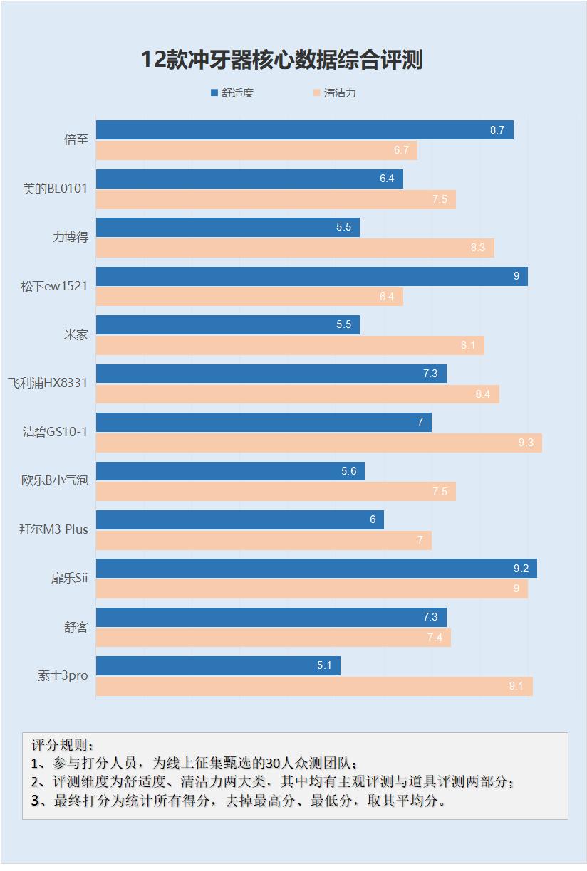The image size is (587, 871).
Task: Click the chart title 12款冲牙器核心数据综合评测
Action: pyautogui.click(x=282, y=60)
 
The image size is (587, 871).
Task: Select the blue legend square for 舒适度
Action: pyautogui.click(x=214, y=93)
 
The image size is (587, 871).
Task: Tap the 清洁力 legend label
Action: pyautogui.click(x=340, y=93)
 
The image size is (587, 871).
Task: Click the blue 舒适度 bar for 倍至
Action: pyautogui.click(x=304, y=130)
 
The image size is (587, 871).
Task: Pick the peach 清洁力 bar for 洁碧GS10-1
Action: pyautogui.click(x=318, y=443)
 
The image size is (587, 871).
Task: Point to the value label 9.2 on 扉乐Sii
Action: pyautogui.click(x=521, y=569)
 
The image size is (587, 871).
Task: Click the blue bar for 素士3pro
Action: pyautogui.click(x=218, y=666)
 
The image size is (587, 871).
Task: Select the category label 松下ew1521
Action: pyautogui.click(x=54, y=286)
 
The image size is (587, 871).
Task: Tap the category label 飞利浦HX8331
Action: pyautogui.click(x=48, y=384)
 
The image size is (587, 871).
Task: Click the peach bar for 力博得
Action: pyautogui.click(x=295, y=248)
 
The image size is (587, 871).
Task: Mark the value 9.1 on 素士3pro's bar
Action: pyautogui.click(x=516, y=686)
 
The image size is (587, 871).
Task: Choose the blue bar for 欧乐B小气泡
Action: pyautogui.click(x=230, y=471)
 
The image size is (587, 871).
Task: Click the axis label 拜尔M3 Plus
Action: pyautogui.click(x=53, y=529)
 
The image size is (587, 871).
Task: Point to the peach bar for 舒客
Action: pyautogui.click(x=273, y=638)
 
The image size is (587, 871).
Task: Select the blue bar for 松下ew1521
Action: pyautogui.click(x=311, y=276)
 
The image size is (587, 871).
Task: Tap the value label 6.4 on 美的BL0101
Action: pyautogui.click(x=387, y=179)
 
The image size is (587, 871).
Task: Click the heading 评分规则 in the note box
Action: pyautogui.click(x=63, y=746)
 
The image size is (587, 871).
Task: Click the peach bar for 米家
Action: pyautogui.click(x=290, y=345)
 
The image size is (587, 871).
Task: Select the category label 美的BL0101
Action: pyautogui.click(x=55, y=189)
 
